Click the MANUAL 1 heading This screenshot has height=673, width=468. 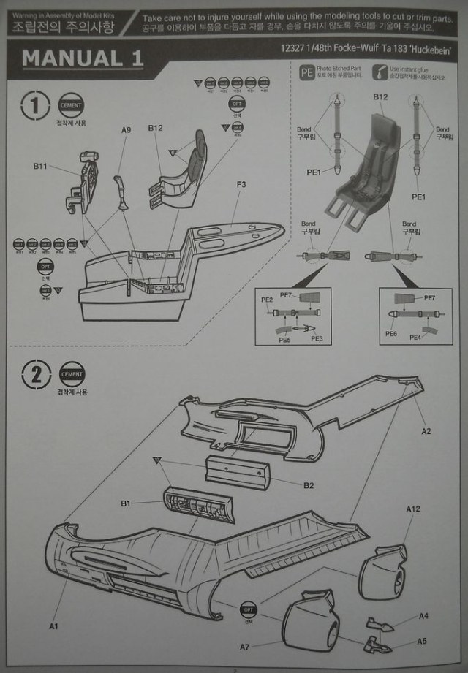pos(82,59)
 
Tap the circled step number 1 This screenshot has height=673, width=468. pos(36,106)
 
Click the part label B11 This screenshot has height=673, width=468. pos(40,167)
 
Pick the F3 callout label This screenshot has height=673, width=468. pos(241,184)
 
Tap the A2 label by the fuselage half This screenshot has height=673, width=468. pos(426,431)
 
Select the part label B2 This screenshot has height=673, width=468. pos(309,485)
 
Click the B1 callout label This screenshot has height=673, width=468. pos(125,503)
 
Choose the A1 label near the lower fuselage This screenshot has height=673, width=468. pos(53,626)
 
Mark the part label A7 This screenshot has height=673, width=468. pos(246,647)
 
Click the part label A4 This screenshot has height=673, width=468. pos(423,616)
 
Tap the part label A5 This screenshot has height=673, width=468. pos(422,641)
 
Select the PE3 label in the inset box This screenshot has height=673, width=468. pos(317,338)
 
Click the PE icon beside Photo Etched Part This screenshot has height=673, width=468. pos(307,72)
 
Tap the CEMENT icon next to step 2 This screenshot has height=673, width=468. pos(72,375)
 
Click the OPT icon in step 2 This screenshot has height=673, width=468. pos(249,609)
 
